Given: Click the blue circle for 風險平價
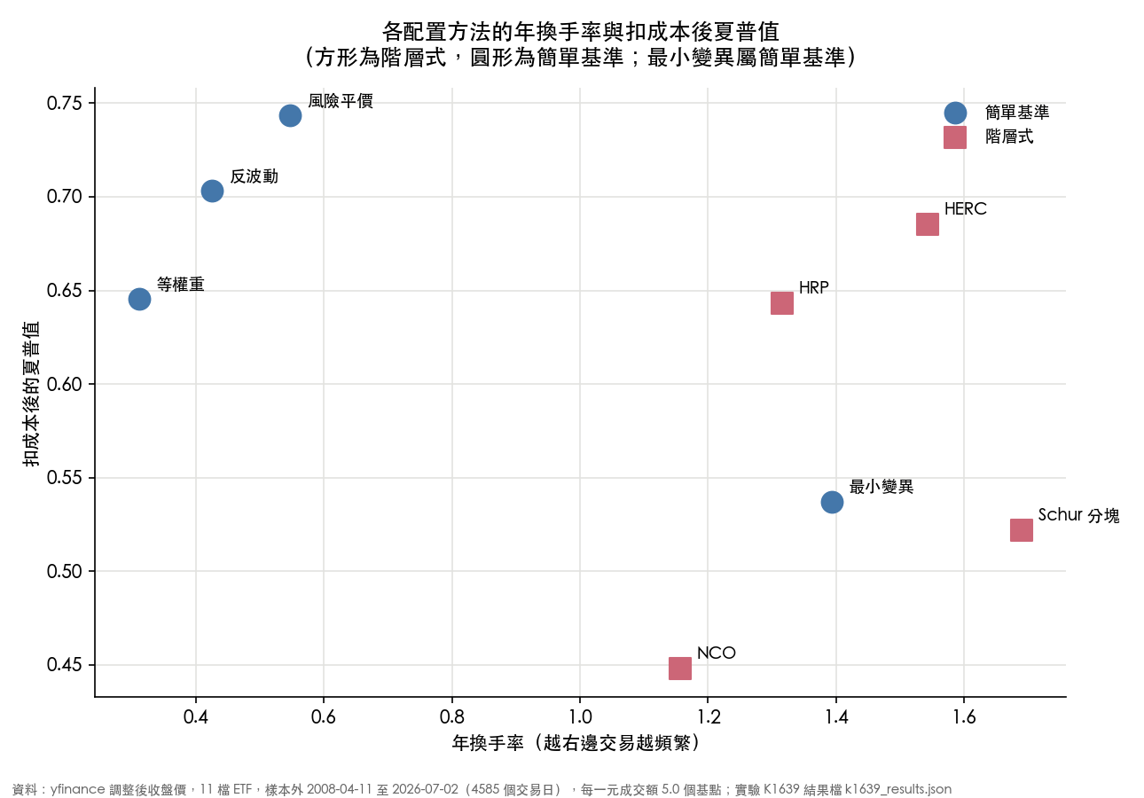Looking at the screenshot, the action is [x=290, y=116].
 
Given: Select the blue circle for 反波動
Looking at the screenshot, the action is [x=212, y=191].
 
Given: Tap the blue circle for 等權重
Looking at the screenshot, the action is [x=139, y=299].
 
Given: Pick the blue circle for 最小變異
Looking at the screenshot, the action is [x=832, y=503].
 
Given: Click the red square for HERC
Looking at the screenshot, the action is [x=928, y=224].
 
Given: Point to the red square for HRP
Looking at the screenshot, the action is [x=782, y=303].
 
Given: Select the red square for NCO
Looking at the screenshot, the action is [x=680, y=669].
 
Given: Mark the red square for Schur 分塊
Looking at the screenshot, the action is [x=1022, y=530].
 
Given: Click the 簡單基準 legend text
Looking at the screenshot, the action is [x=1017, y=113].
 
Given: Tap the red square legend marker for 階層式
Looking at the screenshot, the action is [x=955, y=137].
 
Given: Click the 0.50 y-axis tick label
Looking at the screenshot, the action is [x=64, y=571].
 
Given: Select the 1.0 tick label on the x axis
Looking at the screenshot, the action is [x=580, y=717].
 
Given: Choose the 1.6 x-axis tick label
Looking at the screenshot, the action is [x=964, y=717].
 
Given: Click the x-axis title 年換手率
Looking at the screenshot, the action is [x=488, y=743].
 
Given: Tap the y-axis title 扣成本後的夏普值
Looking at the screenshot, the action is [x=31, y=394].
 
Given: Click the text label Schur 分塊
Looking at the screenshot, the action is [x=1078, y=515].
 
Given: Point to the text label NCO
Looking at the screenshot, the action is [x=717, y=653].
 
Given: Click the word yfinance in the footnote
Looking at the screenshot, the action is [x=78, y=789].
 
